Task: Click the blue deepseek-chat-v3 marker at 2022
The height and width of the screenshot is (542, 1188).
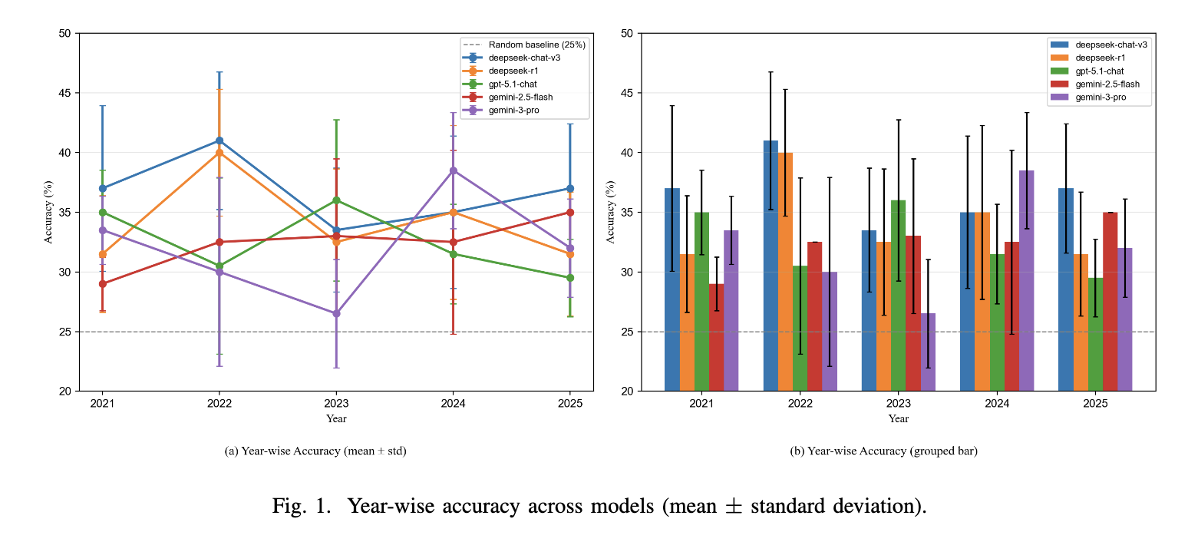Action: tap(219, 140)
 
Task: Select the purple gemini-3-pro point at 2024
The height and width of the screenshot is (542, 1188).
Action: tap(453, 170)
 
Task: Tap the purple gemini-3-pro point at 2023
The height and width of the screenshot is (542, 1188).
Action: tap(336, 313)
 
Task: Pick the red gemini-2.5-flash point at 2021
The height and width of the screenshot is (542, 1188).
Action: tap(102, 284)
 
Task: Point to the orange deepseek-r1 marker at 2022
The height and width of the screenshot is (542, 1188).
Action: tap(219, 153)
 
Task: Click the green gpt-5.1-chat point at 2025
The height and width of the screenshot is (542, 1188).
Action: tap(570, 278)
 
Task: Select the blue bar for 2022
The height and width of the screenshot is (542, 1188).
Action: tap(771, 266)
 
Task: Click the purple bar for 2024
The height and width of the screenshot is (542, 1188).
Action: tap(1027, 281)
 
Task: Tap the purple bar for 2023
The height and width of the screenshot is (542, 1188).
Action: tap(928, 352)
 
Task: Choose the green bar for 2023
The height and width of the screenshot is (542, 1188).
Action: tap(899, 296)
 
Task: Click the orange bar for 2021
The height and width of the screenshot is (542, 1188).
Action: tap(687, 322)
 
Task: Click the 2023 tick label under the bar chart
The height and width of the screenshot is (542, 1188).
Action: tap(899, 403)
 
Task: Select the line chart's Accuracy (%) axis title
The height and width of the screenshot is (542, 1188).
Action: tap(48, 213)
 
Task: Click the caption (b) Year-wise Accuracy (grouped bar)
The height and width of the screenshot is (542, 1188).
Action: tap(883, 451)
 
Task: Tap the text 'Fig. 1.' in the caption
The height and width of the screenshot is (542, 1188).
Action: tap(300, 507)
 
